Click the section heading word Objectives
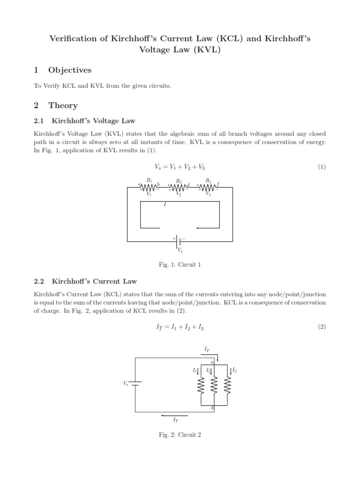point(70,70)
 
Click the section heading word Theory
point(63,106)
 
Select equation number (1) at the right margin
point(321,167)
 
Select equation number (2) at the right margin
point(321,327)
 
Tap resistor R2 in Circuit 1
point(179,188)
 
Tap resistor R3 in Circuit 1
point(208,187)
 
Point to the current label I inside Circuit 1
point(165,205)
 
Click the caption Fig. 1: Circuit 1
point(180,265)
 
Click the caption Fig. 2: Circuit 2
point(180,435)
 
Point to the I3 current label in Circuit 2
point(234,370)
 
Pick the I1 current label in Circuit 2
point(195,370)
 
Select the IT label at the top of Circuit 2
point(207,349)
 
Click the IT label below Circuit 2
point(176,420)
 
